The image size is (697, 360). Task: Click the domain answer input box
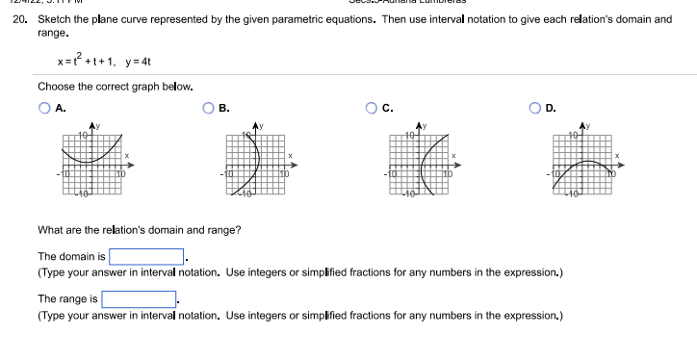point(146,257)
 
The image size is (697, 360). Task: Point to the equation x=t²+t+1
point(86,62)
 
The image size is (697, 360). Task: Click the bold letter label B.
point(223,109)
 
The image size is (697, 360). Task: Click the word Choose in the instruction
point(56,87)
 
